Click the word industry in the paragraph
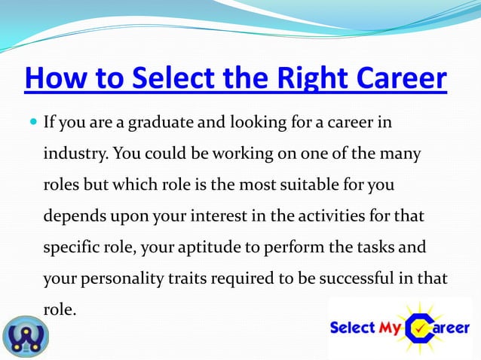(x=76, y=154)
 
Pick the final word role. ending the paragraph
(x=60, y=308)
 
